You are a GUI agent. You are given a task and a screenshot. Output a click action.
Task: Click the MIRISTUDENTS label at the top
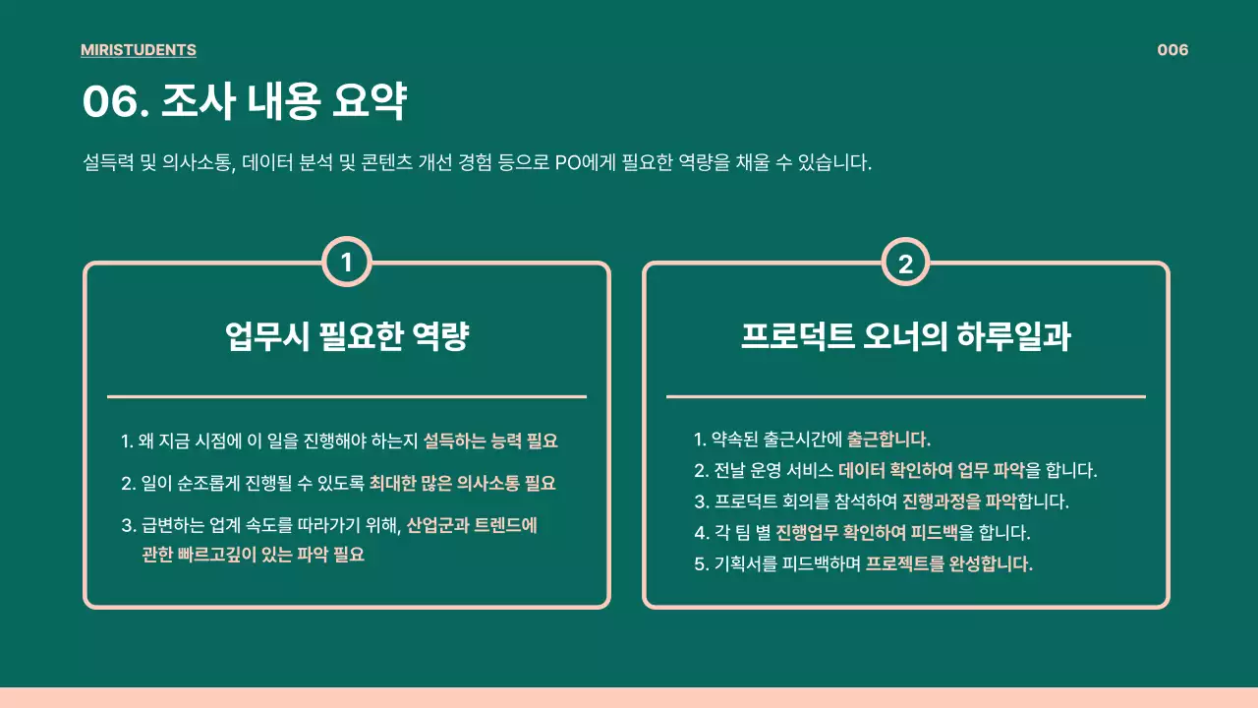pyautogui.click(x=138, y=50)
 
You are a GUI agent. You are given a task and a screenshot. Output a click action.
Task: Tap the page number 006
pyautogui.click(x=1172, y=50)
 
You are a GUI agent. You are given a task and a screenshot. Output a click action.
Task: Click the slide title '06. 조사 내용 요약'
pyautogui.click(x=244, y=102)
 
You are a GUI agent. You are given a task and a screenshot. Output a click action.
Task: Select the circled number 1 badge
pyautogui.click(x=346, y=262)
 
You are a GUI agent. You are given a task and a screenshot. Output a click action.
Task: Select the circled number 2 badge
pyautogui.click(x=905, y=262)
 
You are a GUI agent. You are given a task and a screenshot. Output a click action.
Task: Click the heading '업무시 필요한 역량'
pyautogui.click(x=346, y=337)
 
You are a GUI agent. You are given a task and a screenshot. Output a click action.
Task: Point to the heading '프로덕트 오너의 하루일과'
pyautogui.click(x=905, y=337)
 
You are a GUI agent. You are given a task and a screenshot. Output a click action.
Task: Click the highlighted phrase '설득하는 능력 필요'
pyautogui.click(x=490, y=442)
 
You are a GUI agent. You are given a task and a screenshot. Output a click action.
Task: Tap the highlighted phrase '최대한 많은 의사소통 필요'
pyautogui.click(x=462, y=483)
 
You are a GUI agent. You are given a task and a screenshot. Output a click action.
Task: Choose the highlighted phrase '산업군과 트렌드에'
pyautogui.click(x=472, y=524)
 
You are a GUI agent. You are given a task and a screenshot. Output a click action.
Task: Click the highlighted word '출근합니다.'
pyautogui.click(x=888, y=439)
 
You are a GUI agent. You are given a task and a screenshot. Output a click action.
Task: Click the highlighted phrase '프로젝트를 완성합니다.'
pyautogui.click(x=948, y=564)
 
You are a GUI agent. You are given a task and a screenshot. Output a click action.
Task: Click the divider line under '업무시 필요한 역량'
pyautogui.click(x=346, y=396)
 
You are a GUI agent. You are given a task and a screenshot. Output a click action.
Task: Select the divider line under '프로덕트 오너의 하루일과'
pyautogui.click(x=905, y=396)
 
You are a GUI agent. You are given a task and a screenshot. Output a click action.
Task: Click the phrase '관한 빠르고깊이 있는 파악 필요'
pyautogui.click(x=253, y=555)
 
